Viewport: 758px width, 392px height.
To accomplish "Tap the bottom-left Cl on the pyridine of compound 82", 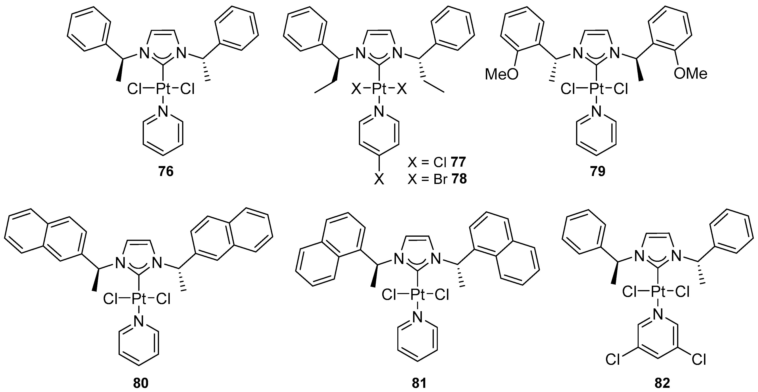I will click(x=613, y=360).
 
